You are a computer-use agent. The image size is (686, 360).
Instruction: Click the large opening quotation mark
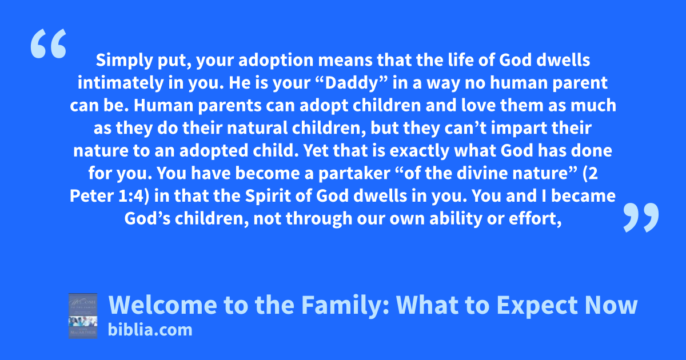(x=49, y=43)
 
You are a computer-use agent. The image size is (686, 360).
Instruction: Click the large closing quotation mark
(x=641, y=217)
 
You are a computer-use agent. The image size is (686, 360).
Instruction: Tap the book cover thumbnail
(x=83, y=316)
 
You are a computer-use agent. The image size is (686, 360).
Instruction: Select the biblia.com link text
(x=150, y=330)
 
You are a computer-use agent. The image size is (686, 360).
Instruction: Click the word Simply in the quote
(x=125, y=61)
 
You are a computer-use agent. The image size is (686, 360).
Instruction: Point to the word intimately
(x=121, y=83)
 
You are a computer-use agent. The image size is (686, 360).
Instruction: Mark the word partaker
(x=354, y=174)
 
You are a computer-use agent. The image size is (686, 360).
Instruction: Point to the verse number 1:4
(x=130, y=196)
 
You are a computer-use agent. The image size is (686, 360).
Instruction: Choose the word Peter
(x=91, y=196)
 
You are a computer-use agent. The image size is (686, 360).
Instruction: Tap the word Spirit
(x=268, y=197)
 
